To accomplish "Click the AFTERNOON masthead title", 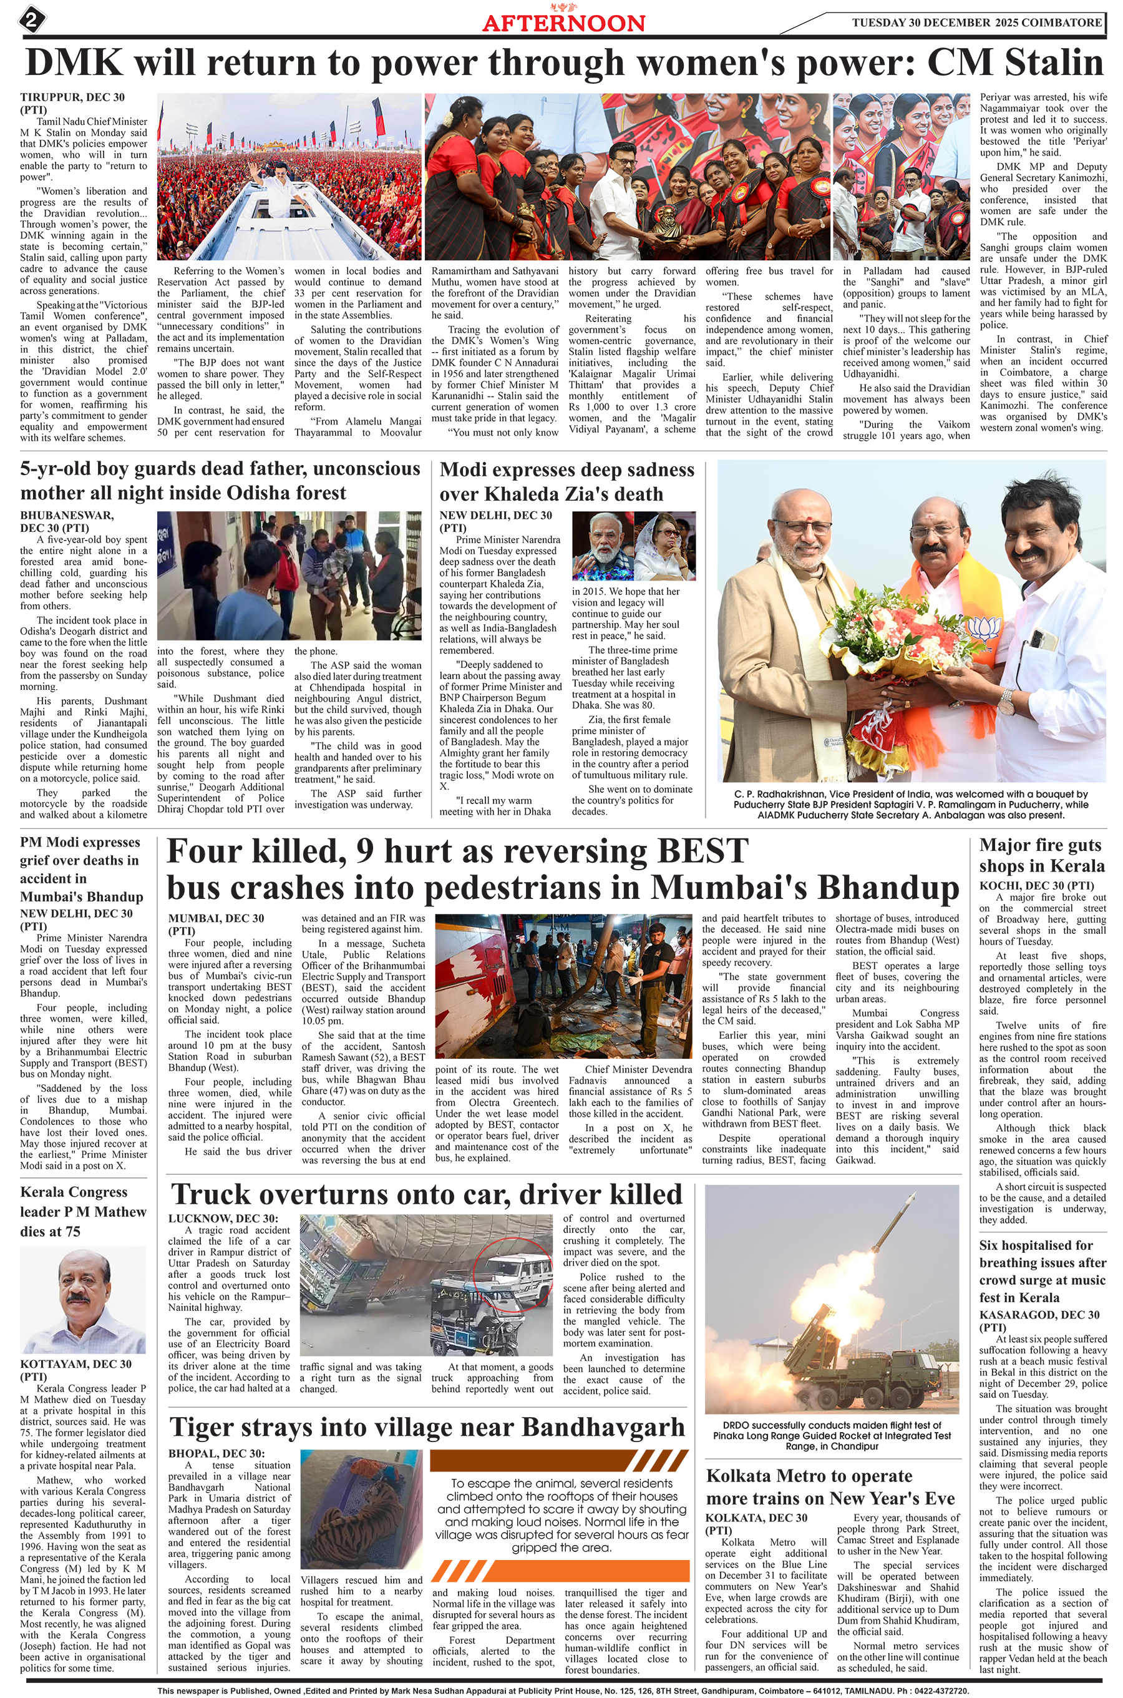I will (563, 23).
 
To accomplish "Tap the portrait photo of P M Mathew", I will (82, 1300).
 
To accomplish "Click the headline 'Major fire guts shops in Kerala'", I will (1041, 855).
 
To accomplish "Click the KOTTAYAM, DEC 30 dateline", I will (76, 1364).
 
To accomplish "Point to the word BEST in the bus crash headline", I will (702, 851).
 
